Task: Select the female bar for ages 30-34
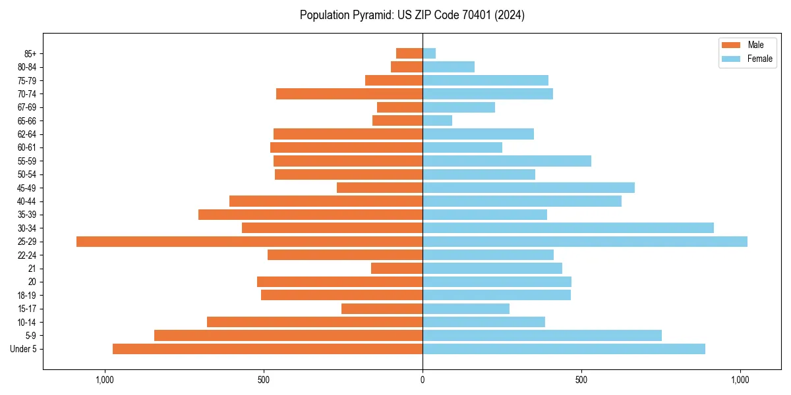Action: point(568,228)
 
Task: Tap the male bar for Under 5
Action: point(268,349)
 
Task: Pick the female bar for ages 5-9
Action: point(542,335)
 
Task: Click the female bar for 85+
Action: point(429,53)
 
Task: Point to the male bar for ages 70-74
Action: point(349,93)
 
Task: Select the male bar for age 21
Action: point(397,268)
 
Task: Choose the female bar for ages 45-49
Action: point(529,188)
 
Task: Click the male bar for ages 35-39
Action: point(310,215)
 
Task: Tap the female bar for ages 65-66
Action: point(437,120)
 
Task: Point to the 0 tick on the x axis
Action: point(423,380)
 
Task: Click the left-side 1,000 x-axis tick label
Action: point(105,380)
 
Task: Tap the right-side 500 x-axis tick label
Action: point(581,380)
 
